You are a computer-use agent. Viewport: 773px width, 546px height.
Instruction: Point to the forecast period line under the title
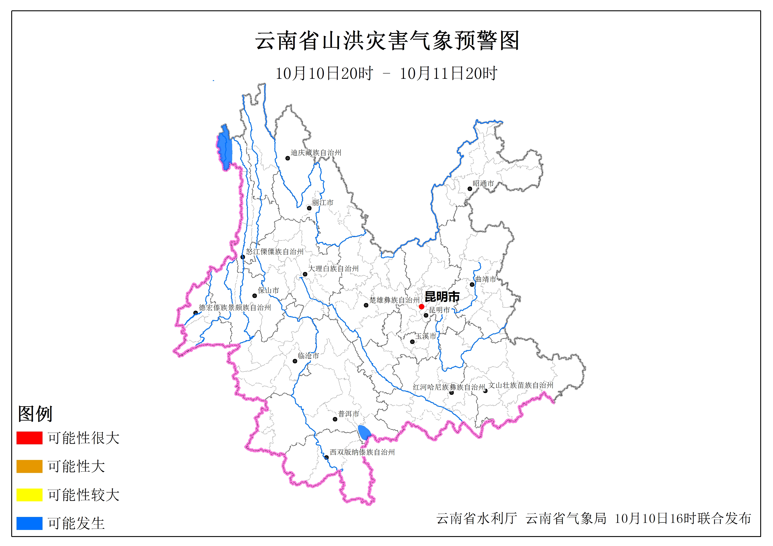click(x=386, y=73)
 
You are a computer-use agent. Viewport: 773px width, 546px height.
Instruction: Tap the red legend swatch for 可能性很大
click(x=29, y=438)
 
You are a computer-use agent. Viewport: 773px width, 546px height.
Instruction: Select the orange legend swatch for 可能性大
click(x=29, y=466)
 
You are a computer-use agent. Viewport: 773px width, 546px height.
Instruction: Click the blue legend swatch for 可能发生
click(x=29, y=523)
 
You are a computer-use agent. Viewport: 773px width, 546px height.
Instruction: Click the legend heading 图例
click(x=35, y=414)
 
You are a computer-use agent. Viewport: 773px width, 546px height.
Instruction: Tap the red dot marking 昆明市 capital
click(x=421, y=307)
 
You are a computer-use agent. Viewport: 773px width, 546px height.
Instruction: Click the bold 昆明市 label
click(x=442, y=297)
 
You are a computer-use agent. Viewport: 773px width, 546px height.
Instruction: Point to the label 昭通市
click(x=483, y=183)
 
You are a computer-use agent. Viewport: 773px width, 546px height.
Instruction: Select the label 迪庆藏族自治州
click(x=316, y=153)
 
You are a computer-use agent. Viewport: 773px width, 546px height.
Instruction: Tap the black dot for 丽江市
click(x=309, y=208)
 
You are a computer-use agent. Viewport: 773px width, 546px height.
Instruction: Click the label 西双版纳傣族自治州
click(x=362, y=452)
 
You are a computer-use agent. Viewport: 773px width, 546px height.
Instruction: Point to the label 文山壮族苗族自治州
click(x=521, y=385)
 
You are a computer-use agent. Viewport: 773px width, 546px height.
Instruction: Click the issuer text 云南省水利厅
click(x=477, y=519)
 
